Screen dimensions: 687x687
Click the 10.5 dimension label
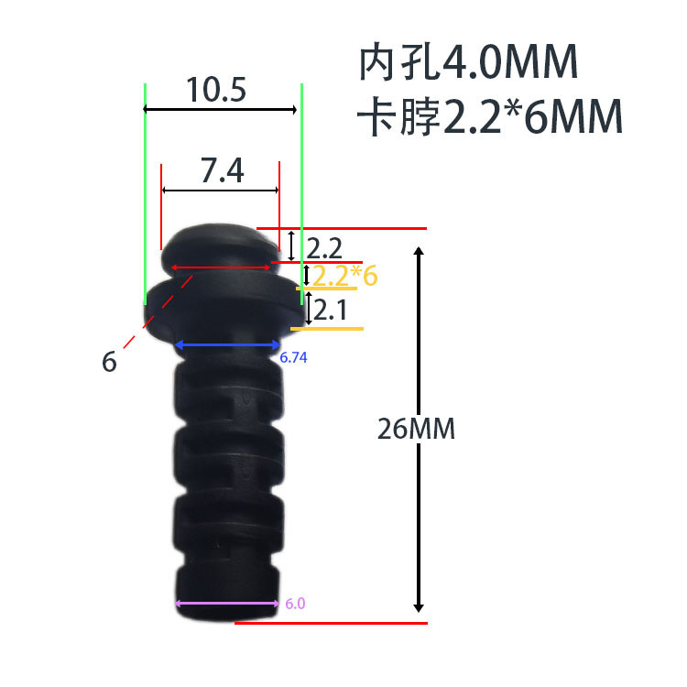[x=217, y=90]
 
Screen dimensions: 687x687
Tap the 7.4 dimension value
[x=222, y=170]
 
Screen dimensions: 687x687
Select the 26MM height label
[x=416, y=429]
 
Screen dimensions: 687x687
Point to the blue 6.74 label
[x=293, y=358]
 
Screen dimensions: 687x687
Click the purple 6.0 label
[x=295, y=605]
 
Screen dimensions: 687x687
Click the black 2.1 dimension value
[x=330, y=311]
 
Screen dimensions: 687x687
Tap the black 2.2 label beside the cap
[x=324, y=247]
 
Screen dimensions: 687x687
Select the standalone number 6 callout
[x=110, y=362]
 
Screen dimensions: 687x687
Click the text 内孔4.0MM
[x=468, y=63]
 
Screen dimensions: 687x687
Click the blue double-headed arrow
[x=227, y=345]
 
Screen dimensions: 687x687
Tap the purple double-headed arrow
[x=227, y=603]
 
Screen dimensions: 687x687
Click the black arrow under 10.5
[x=221, y=110]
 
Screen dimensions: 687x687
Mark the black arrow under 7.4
[x=220, y=190]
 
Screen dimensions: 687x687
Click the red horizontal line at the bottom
[x=331, y=623]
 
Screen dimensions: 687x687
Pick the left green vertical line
[x=145, y=192]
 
